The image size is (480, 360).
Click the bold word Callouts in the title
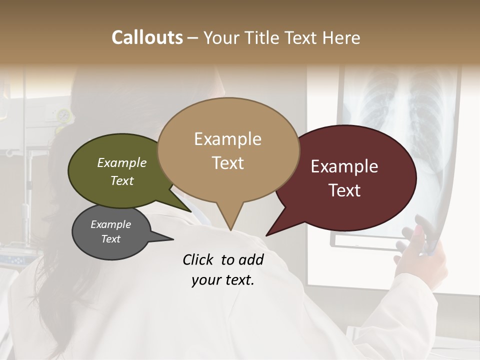147,37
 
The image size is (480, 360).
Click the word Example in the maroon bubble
344,167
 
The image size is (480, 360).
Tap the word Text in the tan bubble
228,163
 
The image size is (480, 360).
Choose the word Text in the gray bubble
111,239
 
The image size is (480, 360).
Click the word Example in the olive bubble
122,163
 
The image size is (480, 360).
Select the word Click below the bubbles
198,260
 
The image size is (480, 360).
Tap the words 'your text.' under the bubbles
223,280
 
